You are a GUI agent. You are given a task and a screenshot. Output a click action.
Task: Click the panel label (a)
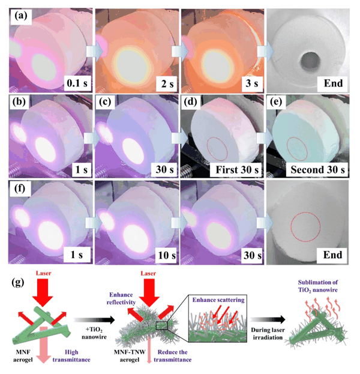tap(21, 16)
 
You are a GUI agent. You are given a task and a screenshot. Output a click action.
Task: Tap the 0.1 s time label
tap(77, 83)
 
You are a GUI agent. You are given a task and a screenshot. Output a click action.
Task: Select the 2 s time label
tap(167, 83)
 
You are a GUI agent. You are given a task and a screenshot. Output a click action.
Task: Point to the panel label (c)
tap(105, 102)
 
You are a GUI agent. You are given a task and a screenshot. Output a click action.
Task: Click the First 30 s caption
tap(237, 170)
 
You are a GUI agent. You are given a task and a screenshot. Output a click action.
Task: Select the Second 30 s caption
tap(317, 170)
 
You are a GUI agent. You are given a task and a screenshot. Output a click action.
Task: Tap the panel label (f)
tap(20, 189)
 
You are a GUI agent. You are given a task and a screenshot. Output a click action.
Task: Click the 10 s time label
tap(167, 256)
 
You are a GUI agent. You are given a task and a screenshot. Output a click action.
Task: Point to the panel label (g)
tap(18, 282)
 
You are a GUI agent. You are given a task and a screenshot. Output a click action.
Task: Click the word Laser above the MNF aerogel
tap(43, 273)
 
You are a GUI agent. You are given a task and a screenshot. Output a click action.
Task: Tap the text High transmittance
tap(71, 356)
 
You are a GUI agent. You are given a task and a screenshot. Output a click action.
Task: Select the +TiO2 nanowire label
tap(94, 333)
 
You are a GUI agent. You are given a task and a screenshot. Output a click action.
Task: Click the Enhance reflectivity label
tap(121, 298)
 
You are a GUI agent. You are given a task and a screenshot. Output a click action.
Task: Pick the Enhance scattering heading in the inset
tap(218, 300)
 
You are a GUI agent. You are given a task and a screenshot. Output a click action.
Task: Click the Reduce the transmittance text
tap(173, 356)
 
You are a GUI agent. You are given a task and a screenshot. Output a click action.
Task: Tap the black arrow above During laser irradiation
tap(268, 319)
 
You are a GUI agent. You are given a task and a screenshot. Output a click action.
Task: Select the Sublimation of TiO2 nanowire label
tap(318, 286)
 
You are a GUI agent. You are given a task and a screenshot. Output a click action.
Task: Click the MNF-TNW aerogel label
tap(130, 356)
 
